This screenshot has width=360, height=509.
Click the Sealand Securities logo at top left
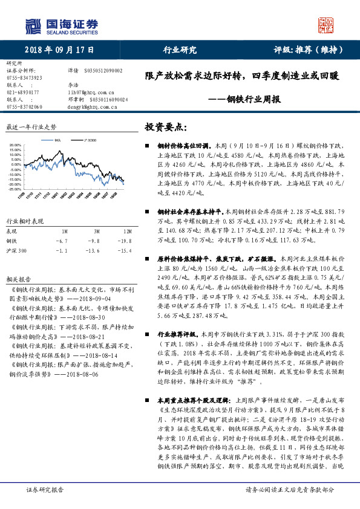[61, 26]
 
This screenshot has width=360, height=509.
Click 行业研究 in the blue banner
[180, 50]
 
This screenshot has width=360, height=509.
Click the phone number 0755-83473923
[24, 77]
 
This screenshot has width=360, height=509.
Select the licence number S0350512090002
[103, 70]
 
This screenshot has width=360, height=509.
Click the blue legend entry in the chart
[56, 140]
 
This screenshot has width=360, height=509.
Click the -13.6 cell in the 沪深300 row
[93, 249]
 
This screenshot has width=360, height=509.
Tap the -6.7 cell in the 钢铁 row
[61, 240]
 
